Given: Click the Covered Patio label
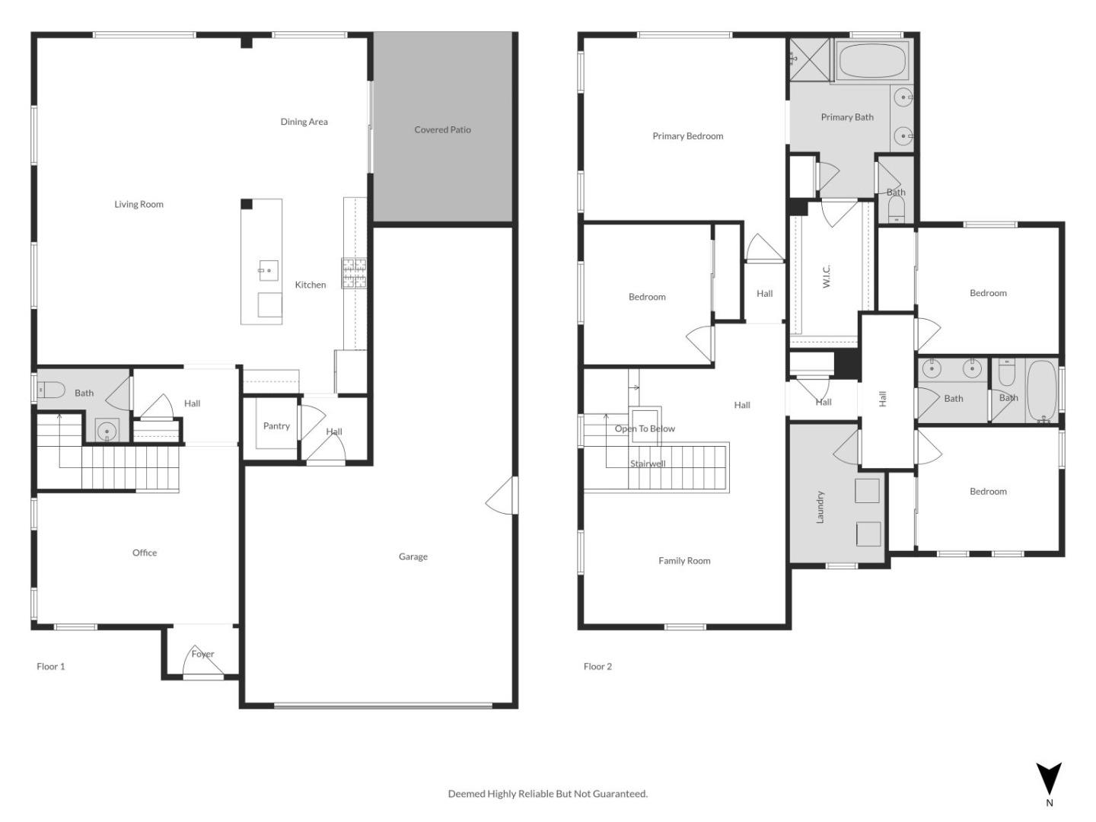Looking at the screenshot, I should tap(442, 129).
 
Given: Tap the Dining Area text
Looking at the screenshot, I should tap(304, 122).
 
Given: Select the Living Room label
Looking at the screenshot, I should tap(139, 204).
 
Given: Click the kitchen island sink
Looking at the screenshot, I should tap(268, 269).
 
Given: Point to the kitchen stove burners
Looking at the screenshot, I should tap(354, 273).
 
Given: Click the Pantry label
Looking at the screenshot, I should tap(276, 426).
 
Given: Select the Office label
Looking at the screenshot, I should tap(145, 553).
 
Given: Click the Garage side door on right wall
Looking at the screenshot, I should tap(503, 495).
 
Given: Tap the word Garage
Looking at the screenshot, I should tap(413, 556).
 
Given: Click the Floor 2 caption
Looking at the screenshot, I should tap(597, 666).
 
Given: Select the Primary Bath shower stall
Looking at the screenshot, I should tap(810, 59).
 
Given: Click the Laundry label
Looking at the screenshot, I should tap(820, 507).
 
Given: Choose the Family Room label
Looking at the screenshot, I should tap(684, 561).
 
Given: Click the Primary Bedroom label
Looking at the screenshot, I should tap(687, 136).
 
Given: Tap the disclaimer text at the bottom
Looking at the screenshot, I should tap(547, 793).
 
